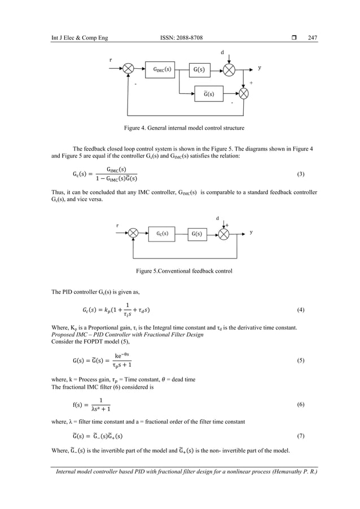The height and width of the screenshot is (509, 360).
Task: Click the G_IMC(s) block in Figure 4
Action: (x=163, y=69)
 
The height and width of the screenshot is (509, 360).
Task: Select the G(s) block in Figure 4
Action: (x=200, y=69)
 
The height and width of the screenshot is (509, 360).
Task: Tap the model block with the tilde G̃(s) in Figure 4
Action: (x=209, y=93)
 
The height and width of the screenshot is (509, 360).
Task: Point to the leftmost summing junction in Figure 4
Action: (x=129, y=69)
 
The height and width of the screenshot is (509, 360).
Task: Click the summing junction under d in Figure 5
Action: (x=225, y=233)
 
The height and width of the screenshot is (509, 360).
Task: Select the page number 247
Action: (x=313, y=38)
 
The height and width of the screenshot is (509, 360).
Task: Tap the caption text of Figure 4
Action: (x=181, y=129)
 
